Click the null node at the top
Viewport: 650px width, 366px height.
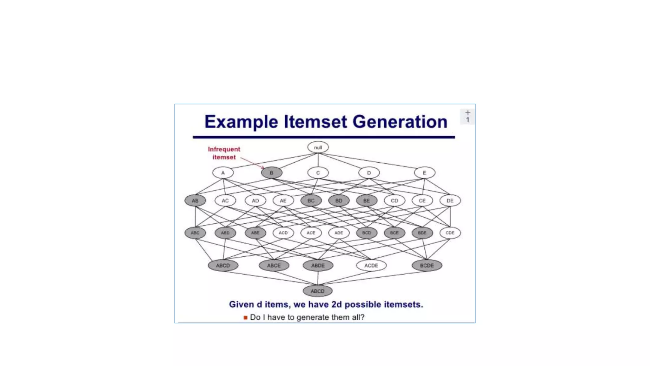pyautogui.click(x=318, y=147)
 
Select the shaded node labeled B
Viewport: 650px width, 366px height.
pyautogui.click(x=272, y=173)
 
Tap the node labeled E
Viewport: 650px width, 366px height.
pyautogui.click(x=424, y=173)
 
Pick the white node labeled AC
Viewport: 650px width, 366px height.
pyautogui.click(x=225, y=201)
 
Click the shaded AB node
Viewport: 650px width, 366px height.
pyautogui.click(x=195, y=201)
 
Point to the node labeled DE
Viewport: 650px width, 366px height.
pyautogui.click(x=450, y=201)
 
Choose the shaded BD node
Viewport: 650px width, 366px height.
pyautogui.click(x=339, y=201)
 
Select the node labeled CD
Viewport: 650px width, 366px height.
pyautogui.click(x=394, y=201)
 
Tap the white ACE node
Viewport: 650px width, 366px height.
pyautogui.click(x=311, y=233)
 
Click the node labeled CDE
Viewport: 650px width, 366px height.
pyautogui.click(x=450, y=233)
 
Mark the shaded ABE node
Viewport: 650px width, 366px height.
pyautogui.click(x=255, y=233)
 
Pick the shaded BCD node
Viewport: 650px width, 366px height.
pyautogui.click(x=366, y=233)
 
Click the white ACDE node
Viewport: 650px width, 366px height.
pyautogui.click(x=371, y=266)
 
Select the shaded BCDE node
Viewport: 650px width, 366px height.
pyautogui.click(x=427, y=266)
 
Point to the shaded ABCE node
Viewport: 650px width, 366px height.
pyautogui.click(x=274, y=266)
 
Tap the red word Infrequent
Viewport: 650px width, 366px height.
pyautogui.click(x=224, y=149)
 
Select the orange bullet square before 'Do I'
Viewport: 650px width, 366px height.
pyautogui.click(x=245, y=317)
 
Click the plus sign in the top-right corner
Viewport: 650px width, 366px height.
pyautogui.click(x=468, y=113)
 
